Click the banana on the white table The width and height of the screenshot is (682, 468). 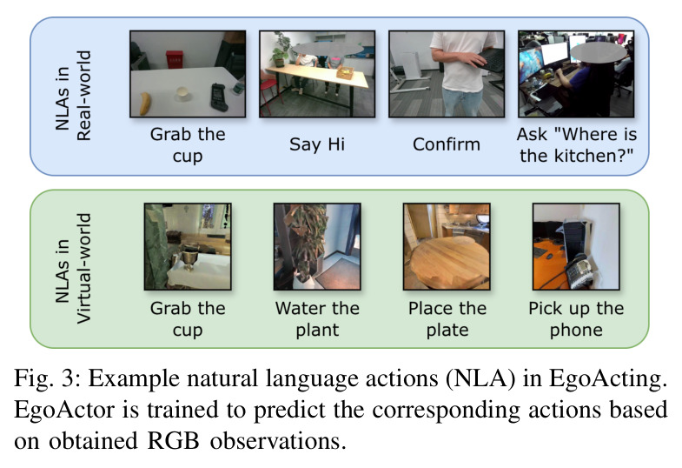145,104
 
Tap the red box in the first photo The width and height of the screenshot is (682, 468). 174,59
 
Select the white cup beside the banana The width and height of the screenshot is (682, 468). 182,94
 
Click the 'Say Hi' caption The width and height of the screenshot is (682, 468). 317,144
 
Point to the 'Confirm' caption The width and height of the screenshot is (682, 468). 447,144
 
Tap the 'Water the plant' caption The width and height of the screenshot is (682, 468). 317,319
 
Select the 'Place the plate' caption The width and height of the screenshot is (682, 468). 447,319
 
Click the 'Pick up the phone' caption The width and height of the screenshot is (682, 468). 576,319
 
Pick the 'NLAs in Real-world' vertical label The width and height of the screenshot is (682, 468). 73,96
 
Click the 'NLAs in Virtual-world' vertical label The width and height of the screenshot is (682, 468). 73,269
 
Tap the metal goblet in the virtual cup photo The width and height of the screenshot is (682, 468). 189,257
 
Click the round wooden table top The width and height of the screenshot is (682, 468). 448,260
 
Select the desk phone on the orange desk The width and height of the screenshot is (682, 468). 580,270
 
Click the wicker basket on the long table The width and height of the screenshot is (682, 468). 344,72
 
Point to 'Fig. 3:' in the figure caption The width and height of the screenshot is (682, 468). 47,378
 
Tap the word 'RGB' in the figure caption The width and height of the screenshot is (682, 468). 173,440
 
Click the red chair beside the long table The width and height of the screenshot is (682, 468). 270,92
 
